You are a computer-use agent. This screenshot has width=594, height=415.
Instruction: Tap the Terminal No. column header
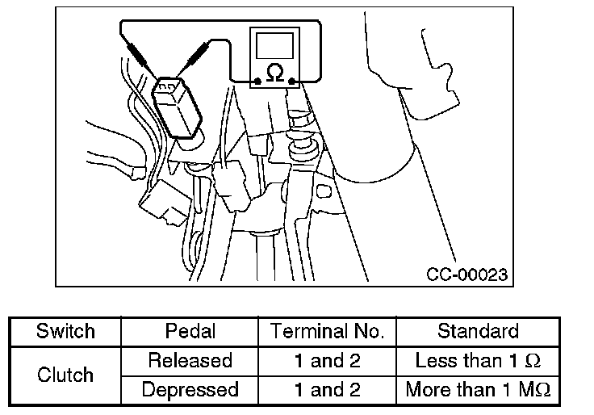pos(327,331)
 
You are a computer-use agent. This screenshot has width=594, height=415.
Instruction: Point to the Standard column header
pos(478,331)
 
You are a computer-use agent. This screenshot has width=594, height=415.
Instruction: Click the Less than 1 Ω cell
pos(478,360)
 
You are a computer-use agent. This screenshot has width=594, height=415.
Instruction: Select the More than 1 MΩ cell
pos(478,390)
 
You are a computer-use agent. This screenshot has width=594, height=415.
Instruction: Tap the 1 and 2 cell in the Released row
pos(327,360)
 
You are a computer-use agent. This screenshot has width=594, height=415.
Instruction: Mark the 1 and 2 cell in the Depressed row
pos(327,390)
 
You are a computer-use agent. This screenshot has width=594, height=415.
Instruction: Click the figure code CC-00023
pos(466,275)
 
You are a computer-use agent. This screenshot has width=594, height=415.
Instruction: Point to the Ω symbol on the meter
pos(274,74)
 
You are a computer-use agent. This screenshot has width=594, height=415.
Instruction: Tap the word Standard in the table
pos(478,331)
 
